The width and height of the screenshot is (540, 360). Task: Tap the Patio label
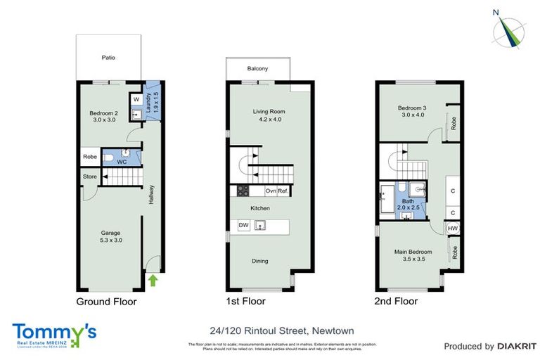pyautogui.click(x=108, y=58)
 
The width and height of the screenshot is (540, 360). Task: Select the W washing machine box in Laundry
pyautogui.click(x=136, y=100)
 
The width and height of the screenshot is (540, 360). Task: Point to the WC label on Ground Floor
pyautogui.click(x=122, y=162)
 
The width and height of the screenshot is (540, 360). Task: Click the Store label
pyautogui.click(x=90, y=176)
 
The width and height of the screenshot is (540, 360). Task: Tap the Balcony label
pyautogui.click(x=257, y=69)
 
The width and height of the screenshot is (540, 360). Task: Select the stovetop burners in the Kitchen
pyautogui.click(x=243, y=191)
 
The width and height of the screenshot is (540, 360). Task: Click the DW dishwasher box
pyautogui.click(x=243, y=225)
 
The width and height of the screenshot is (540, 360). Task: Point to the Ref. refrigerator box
pyautogui.click(x=283, y=191)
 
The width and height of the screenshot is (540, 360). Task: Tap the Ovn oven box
pyautogui.click(x=271, y=191)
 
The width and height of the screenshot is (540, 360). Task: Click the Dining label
pyautogui.click(x=260, y=261)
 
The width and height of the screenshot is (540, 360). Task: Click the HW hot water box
pyautogui.click(x=452, y=229)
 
